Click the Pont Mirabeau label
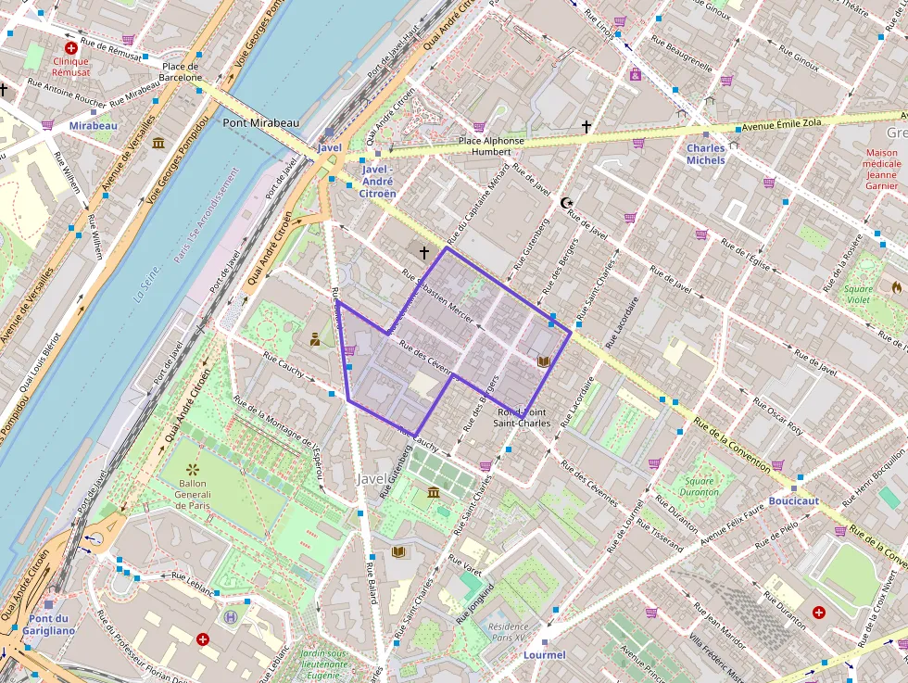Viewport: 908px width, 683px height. point(260,122)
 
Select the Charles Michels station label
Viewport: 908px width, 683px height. point(706,154)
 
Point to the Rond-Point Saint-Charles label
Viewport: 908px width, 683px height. point(523,417)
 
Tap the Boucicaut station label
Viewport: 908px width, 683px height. point(794,500)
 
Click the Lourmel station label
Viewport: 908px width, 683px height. point(544,655)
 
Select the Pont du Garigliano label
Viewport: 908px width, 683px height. point(52,625)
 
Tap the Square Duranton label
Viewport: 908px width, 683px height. point(700,487)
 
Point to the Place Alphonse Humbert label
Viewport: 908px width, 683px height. point(491,146)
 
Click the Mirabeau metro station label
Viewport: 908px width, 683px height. point(93,125)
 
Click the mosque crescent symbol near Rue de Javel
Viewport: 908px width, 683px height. point(567,202)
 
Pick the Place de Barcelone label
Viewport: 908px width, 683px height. point(181,71)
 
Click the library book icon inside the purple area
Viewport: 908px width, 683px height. point(544,360)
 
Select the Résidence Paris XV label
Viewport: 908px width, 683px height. point(507,632)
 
